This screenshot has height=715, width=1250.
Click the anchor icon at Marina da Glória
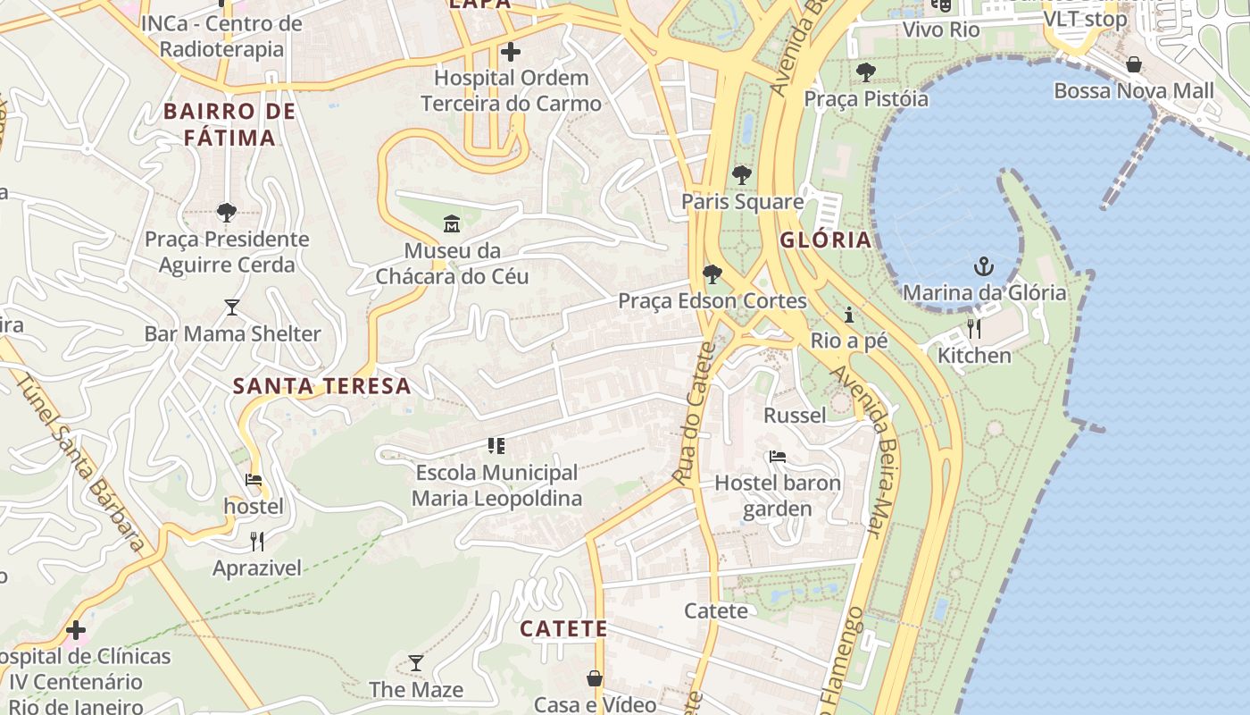click(983, 266)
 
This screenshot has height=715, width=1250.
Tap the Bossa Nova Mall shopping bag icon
click(1133, 64)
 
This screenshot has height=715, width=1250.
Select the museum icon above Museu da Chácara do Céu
click(452, 223)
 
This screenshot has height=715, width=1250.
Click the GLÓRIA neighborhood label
click(825, 240)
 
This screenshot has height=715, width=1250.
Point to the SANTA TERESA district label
click(321, 386)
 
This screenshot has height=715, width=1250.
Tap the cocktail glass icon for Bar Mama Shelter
click(232, 307)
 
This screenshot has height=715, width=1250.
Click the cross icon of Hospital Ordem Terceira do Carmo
click(511, 52)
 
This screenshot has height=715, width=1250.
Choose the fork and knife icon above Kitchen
click(973, 329)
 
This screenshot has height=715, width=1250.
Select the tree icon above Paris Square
click(741, 175)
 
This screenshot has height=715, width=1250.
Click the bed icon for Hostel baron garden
click(778, 457)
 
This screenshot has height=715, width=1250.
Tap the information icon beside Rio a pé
click(848, 315)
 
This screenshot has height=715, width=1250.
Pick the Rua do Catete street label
click(696, 413)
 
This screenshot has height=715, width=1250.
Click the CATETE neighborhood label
click(563, 628)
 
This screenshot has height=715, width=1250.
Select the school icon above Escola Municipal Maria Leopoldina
click(496, 446)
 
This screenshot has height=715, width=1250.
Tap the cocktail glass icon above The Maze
click(416, 663)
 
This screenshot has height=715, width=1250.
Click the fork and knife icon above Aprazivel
click(257, 541)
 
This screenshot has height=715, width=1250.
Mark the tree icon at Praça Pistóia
click(865, 72)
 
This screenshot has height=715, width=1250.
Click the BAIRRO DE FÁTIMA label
click(229, 124)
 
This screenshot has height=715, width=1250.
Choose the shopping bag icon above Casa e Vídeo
click(595, 678)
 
